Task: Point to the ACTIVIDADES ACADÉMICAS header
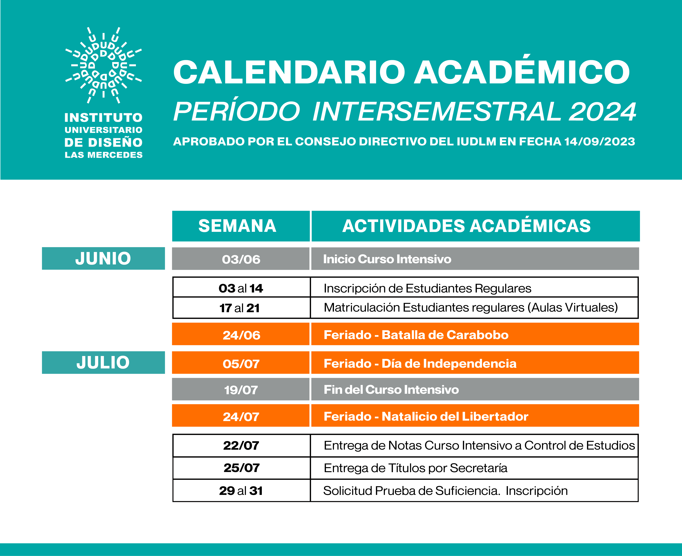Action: (466, 226)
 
